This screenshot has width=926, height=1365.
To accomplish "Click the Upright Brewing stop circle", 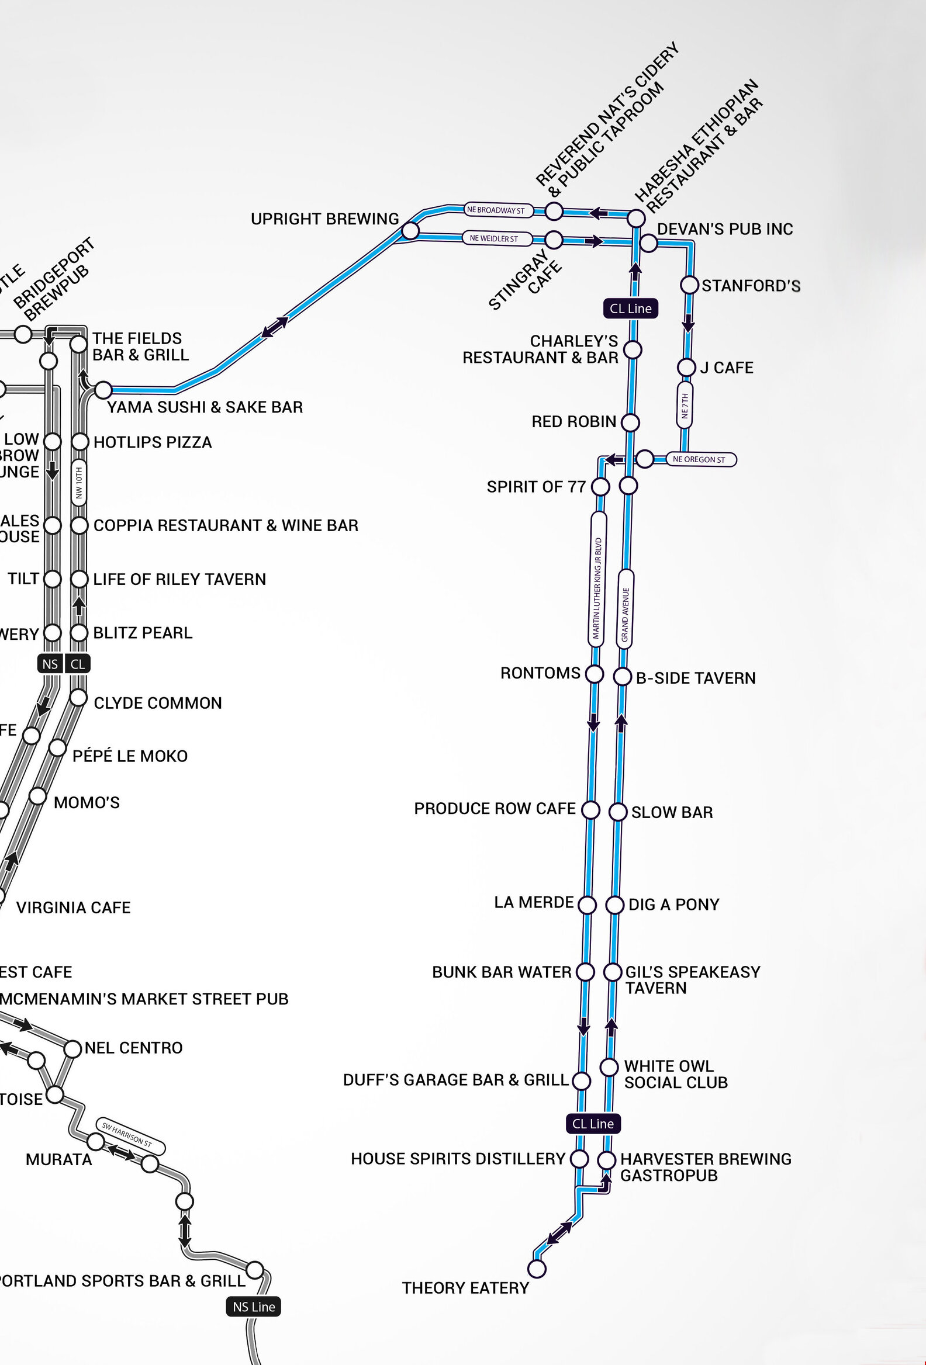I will [x=410, y=231].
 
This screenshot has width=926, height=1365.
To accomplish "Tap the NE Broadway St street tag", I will [x=496, y=210].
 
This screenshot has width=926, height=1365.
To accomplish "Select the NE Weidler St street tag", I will [x=495, y=238].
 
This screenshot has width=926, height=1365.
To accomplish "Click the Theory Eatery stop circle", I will [x=537, y=1268].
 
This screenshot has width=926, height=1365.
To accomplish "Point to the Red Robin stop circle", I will [x=630, y=422].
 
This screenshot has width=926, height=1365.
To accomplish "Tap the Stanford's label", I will [x=751, y=286].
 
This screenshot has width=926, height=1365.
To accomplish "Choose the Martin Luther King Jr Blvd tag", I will [x=597, y=579].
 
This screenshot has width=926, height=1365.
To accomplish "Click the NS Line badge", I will [x=254, y=1307].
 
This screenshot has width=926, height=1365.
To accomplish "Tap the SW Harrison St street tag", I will [x=129, y=1135].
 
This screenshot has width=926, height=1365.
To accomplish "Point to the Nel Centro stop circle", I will [x=72, y=1049].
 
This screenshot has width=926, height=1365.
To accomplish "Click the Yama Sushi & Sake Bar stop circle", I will [x=103, y=389].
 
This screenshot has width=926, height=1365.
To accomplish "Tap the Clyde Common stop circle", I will [x=78, y=698].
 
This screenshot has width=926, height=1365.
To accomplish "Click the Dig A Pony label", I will [x=673, y=905].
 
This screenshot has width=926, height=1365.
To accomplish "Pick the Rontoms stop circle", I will [x=595, y=674].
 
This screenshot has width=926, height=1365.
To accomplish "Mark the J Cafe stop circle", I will [x=686, y=368].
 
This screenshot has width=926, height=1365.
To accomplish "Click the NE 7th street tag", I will [x=685, y=405].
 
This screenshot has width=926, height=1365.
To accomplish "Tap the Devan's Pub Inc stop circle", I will [x=648, y=242].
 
